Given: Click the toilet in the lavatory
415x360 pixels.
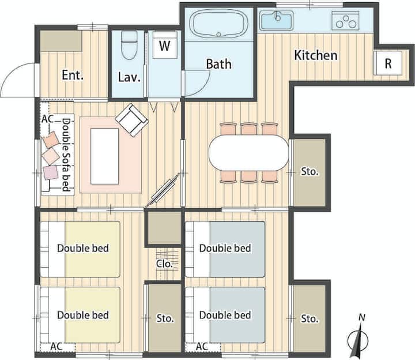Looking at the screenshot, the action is point(129,46).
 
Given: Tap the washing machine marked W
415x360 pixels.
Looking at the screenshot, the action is point(165,45).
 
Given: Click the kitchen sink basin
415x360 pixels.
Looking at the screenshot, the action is point(277,20).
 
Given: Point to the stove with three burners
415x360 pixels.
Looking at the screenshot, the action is point(345,21).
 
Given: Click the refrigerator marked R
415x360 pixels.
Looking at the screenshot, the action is point(388,63).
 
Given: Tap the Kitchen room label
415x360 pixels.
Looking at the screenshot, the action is point(316,55).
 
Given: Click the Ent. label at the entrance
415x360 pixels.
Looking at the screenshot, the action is point(73,75).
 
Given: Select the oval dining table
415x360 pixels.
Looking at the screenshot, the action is point(248,153).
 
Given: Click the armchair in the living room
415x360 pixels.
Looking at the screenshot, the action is point(131,120).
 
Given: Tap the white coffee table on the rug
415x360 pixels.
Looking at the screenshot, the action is point(104,156).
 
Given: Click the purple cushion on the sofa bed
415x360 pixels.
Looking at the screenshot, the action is point(51,172).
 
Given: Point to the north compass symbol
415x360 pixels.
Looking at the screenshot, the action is point(358,336).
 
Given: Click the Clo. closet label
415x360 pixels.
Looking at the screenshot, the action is point(164,264).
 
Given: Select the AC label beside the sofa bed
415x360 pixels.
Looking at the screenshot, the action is point(48,119).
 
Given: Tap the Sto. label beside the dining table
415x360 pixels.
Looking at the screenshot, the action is point(310,171).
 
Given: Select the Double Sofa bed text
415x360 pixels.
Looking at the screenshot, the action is point(66,155).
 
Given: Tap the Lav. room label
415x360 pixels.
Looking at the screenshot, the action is point(129,77).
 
